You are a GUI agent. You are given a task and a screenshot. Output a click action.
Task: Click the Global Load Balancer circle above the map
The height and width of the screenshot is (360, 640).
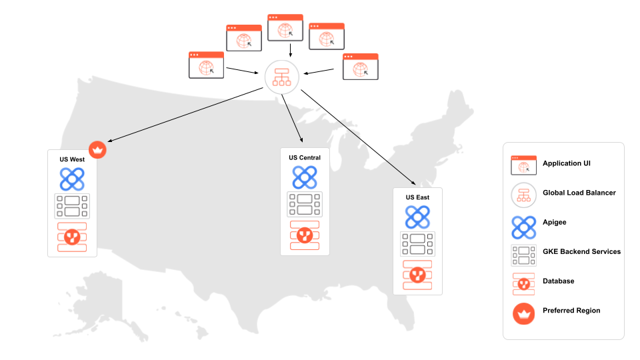(x=282, y=77)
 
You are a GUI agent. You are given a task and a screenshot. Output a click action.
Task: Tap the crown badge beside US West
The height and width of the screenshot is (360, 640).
(x=98, y=150)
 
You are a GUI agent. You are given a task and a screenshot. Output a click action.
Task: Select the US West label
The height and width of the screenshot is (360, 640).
(x=72, y=159)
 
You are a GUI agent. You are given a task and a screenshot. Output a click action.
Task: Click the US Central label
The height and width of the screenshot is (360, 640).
(x=305, y=158)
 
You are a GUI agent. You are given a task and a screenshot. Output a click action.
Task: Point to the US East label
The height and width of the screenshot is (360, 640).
(x=417, y=197)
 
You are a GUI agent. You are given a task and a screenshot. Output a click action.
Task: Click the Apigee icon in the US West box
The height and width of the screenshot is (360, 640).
(x=72, y=179)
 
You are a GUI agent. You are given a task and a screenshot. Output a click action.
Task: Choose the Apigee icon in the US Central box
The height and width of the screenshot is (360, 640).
(x=305, y=177)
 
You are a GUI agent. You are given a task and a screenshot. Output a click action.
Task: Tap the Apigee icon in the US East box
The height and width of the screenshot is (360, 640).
(x=417, y=217)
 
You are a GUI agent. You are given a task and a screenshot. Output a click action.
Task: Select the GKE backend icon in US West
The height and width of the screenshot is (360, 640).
(x=72, y=206)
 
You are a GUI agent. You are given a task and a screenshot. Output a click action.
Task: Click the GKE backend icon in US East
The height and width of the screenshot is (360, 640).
(x=417, y=244)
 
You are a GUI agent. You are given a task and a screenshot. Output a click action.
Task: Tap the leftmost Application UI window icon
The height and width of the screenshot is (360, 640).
(x=207, y=65)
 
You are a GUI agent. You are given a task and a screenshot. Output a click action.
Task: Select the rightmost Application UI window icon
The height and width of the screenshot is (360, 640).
(x=361, y=67)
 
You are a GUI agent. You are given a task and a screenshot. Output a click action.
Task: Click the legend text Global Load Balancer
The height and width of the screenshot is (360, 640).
(x=579, y=193)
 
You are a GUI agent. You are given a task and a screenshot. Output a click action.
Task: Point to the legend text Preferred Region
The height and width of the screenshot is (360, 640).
(x=571, y=311)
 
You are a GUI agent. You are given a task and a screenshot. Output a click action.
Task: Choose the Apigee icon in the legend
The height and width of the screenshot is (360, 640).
(x=523, y=223)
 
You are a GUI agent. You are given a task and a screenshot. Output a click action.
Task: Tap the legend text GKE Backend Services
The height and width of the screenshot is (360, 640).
(x=581, y=252)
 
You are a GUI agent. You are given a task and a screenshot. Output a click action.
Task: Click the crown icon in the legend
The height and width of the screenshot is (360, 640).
(x=523, y=311)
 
